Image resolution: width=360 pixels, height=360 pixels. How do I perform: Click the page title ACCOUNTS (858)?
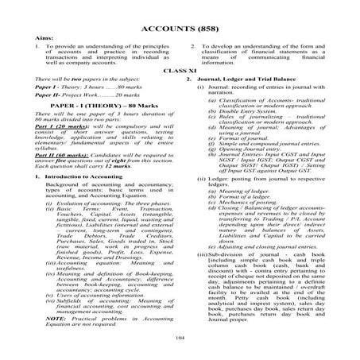(x=180, y=30)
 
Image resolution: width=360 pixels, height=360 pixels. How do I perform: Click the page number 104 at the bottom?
(x=180, y=337)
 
